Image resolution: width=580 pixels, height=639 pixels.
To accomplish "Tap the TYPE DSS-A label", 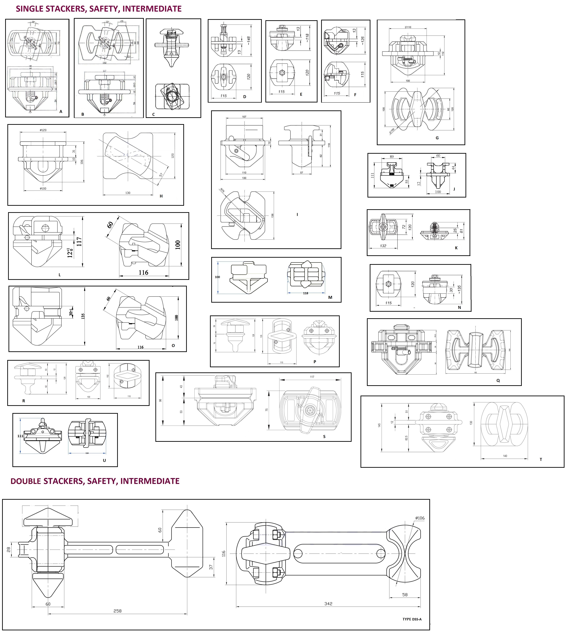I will pyautogui.click(x=412, y=619).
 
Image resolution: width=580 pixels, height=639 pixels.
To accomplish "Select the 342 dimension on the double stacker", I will pyautogui.click(x=328, y=604).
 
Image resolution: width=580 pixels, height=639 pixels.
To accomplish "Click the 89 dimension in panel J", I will pyautogui.click(x=392, y=157).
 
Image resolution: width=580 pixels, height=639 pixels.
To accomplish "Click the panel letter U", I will pyautogui.click(x=104, y=460).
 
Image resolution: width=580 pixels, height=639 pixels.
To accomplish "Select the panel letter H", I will pyautogui.click(x=161, y=196).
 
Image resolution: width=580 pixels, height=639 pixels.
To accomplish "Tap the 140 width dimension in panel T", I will pyautogui.click(x=505, y=456).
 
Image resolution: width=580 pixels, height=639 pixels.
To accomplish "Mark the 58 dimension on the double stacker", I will pyautogui.click(x=405, y=595).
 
